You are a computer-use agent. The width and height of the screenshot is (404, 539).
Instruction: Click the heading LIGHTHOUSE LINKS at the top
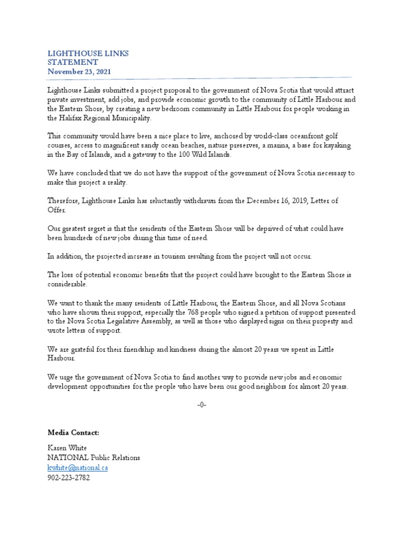(88, 54)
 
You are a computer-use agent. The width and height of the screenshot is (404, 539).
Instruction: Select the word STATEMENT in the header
(73, 63)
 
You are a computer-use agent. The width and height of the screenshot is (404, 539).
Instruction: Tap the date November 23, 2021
(79, 72)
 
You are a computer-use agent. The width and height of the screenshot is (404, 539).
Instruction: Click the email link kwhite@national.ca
(77, 467)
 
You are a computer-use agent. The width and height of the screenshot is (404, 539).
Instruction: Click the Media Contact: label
(73, 433)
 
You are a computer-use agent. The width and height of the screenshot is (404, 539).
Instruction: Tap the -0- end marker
(201, 404)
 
